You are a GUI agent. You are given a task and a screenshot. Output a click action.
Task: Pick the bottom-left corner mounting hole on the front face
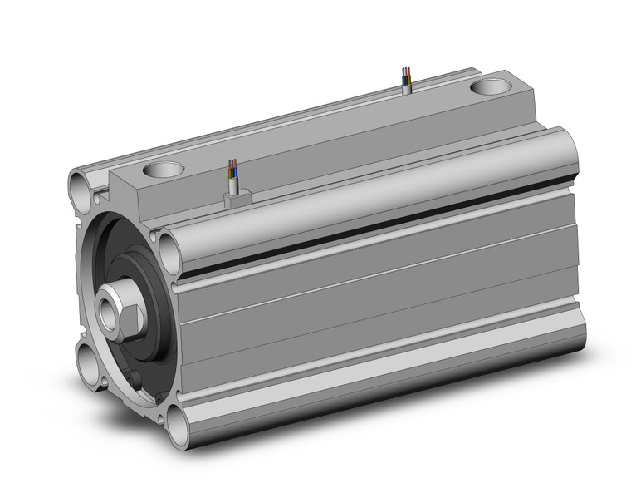point(89,361)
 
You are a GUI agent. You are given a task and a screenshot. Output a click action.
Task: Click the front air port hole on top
point(163,170)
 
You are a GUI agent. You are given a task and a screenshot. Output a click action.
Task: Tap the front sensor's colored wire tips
point(232,163)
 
